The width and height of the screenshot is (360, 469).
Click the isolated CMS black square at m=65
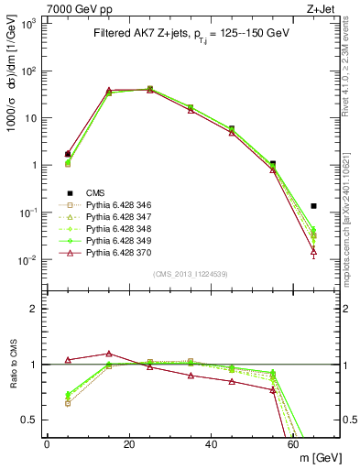[314, 206]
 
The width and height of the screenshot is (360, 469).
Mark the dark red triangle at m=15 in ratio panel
[109, 353]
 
